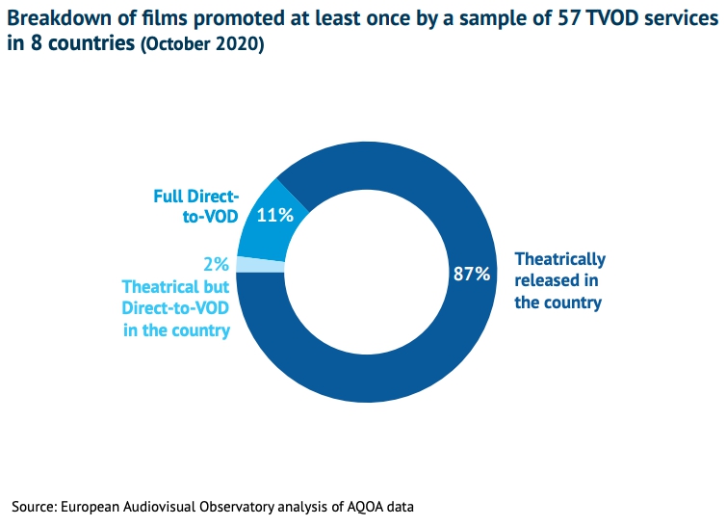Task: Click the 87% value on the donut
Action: coord(472,274)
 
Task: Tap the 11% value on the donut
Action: coord(274,215)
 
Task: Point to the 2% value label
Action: coord(215,263)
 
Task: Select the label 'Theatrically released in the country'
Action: coord(559,280)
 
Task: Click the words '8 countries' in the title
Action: coord(81,45)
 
